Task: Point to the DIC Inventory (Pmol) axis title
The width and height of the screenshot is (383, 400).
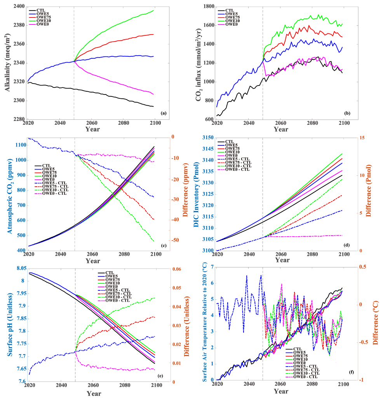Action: (198, 194)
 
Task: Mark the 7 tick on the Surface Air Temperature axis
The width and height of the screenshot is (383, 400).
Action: (211, 267)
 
